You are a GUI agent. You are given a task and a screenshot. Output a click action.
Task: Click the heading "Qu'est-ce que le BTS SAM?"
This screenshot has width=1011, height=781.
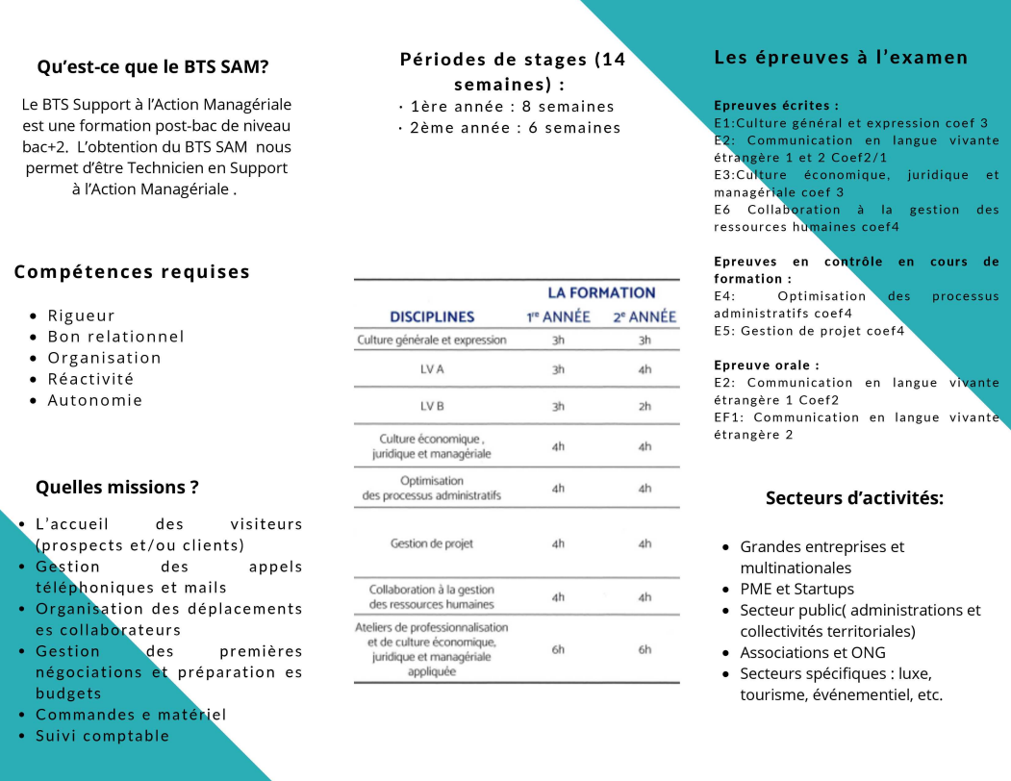tap(153, 67)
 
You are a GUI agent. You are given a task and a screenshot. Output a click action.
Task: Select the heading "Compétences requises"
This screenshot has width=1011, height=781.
tap(132, 272)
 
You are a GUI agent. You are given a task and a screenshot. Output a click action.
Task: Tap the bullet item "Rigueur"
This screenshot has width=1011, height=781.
tap(82, 315)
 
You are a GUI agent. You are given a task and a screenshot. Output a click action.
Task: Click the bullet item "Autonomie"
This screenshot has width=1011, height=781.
tap(95, 400)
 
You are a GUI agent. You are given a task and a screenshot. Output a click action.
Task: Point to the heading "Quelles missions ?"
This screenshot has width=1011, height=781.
tap(117, 488)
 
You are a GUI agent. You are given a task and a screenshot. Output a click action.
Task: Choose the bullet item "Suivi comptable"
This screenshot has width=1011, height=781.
tap(103, 736)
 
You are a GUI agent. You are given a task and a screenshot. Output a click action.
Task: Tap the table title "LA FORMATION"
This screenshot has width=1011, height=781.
tap(601, 293)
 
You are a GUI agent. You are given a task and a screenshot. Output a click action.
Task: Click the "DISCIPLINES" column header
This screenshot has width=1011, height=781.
tap(432, 316)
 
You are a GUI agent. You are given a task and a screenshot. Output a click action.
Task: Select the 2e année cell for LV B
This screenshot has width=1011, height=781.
tap(645, 406)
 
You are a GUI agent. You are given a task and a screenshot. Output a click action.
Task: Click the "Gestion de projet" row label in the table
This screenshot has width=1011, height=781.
tap(432, 543)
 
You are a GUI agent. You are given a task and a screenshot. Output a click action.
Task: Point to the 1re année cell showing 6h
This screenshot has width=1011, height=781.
tap(558, 649)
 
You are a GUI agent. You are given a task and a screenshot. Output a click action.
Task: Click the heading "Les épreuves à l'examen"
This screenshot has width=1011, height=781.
tap(841, 58)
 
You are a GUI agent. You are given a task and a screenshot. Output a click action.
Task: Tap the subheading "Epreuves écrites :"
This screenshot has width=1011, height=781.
tap(776, 106)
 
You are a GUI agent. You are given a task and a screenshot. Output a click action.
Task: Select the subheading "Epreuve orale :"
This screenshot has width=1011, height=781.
tap(767, 365)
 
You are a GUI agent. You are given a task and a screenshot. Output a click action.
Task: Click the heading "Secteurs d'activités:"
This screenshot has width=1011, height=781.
tap(854, 498)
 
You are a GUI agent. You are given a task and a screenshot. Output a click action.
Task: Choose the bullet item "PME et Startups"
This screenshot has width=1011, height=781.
tap(796, 589)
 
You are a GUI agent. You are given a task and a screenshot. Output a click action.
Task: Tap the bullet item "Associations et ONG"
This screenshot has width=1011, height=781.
tap(813, 652)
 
